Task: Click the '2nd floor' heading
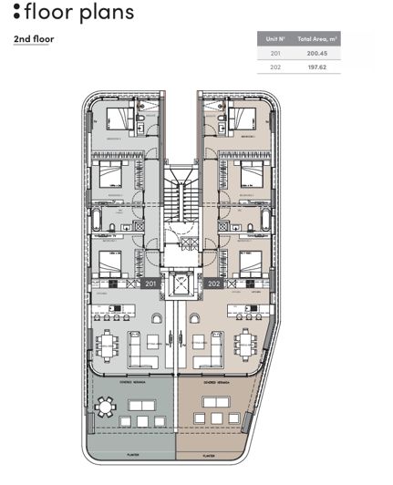34,40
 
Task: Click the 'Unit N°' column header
276,40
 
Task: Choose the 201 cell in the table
275,54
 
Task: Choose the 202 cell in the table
275,67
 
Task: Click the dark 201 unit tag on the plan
151,284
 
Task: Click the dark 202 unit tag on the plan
214,284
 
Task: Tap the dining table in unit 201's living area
109,345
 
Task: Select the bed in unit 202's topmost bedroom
245,119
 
